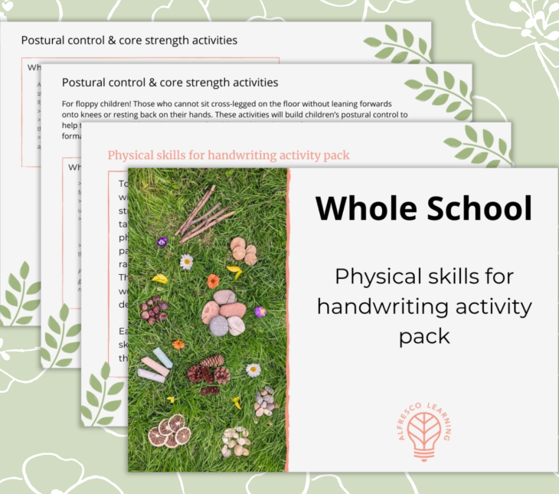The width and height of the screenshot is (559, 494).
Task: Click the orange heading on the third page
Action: [228, 155]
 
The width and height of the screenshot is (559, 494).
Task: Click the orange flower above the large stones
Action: [213, 281]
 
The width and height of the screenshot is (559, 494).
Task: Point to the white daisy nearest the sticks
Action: [186, 261]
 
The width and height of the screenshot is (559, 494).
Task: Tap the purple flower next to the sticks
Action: [162, 241]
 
